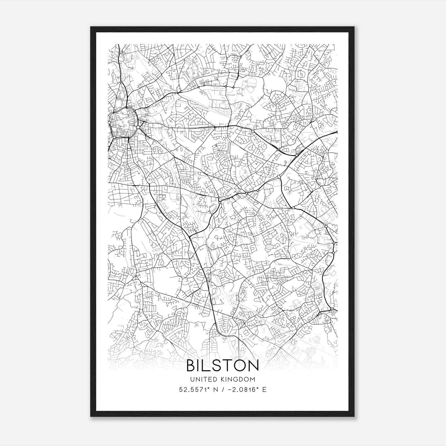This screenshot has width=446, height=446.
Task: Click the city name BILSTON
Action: coord(222,365)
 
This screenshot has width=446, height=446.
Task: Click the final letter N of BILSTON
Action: coord(253,365)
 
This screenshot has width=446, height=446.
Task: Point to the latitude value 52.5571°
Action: coord(195,389)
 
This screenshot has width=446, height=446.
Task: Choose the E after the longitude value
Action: coord(264,389)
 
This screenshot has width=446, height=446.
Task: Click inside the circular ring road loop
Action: coord(123,123)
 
